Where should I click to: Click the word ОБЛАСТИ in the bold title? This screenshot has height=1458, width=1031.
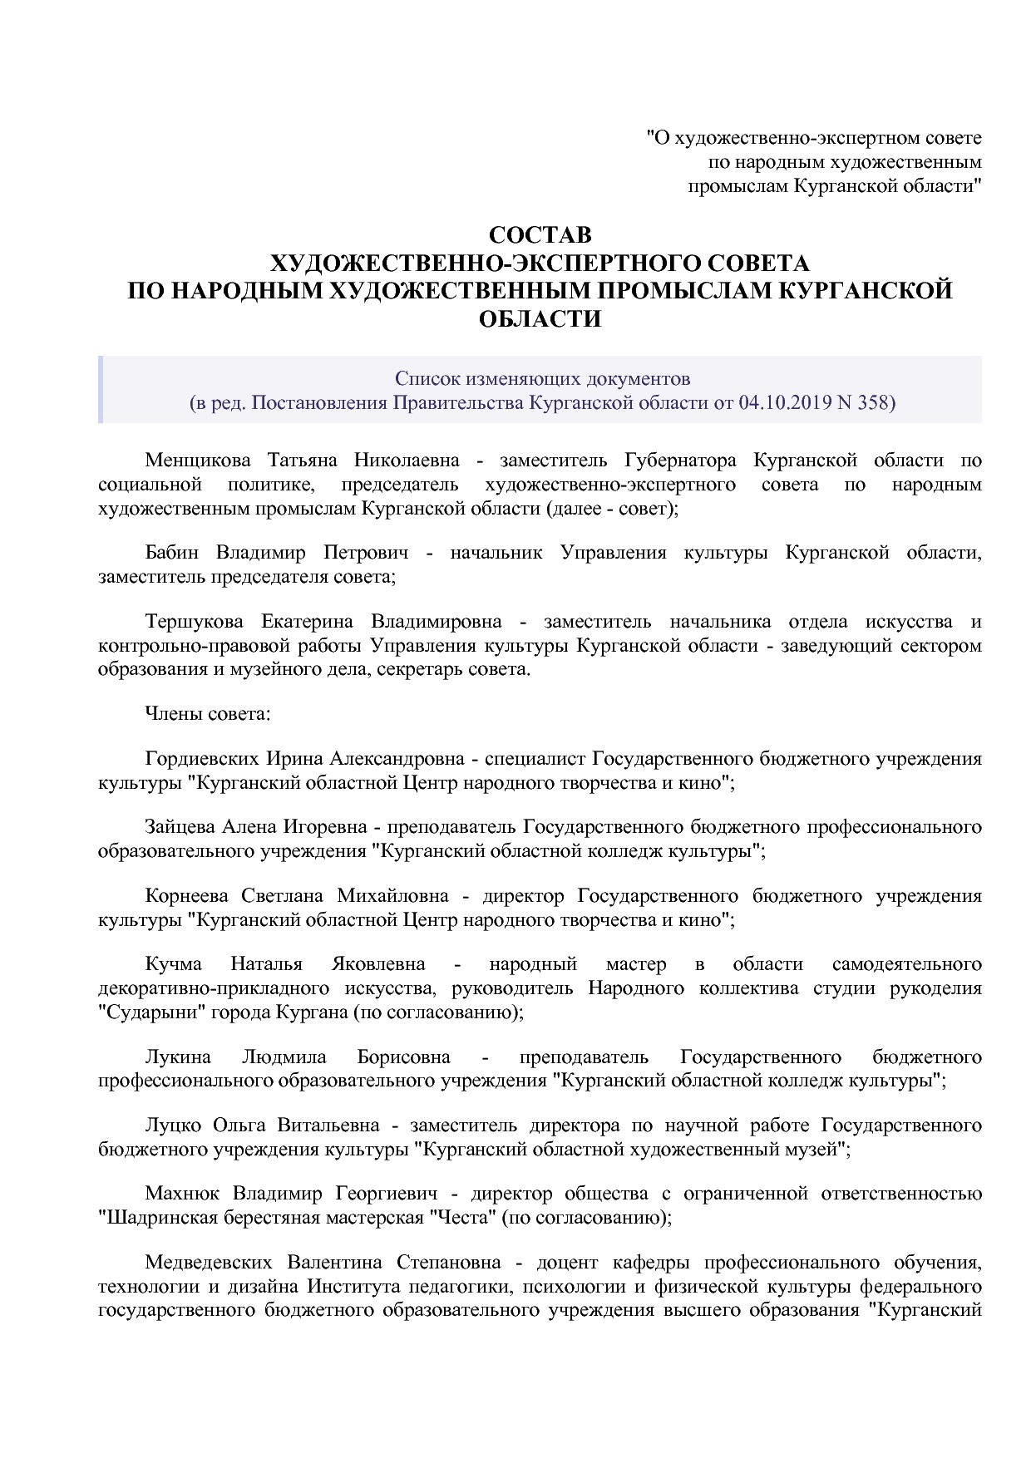click(x=540, y=318)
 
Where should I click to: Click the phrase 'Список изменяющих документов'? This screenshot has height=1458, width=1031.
click(x=542, y=379)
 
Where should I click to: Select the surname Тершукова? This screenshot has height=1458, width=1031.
click(x=194, y=622)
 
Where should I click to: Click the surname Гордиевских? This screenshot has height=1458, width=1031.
click(x=203, y=758)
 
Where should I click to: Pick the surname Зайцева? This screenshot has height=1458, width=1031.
click(x=180, y=827)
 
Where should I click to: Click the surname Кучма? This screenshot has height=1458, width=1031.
click(x=173, y=964)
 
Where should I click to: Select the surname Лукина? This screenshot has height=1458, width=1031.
click(x=177, y=1057)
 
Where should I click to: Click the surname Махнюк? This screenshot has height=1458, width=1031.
click(x=182, y=1194)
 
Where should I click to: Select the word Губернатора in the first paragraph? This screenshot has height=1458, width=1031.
click(x=679, y=460)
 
